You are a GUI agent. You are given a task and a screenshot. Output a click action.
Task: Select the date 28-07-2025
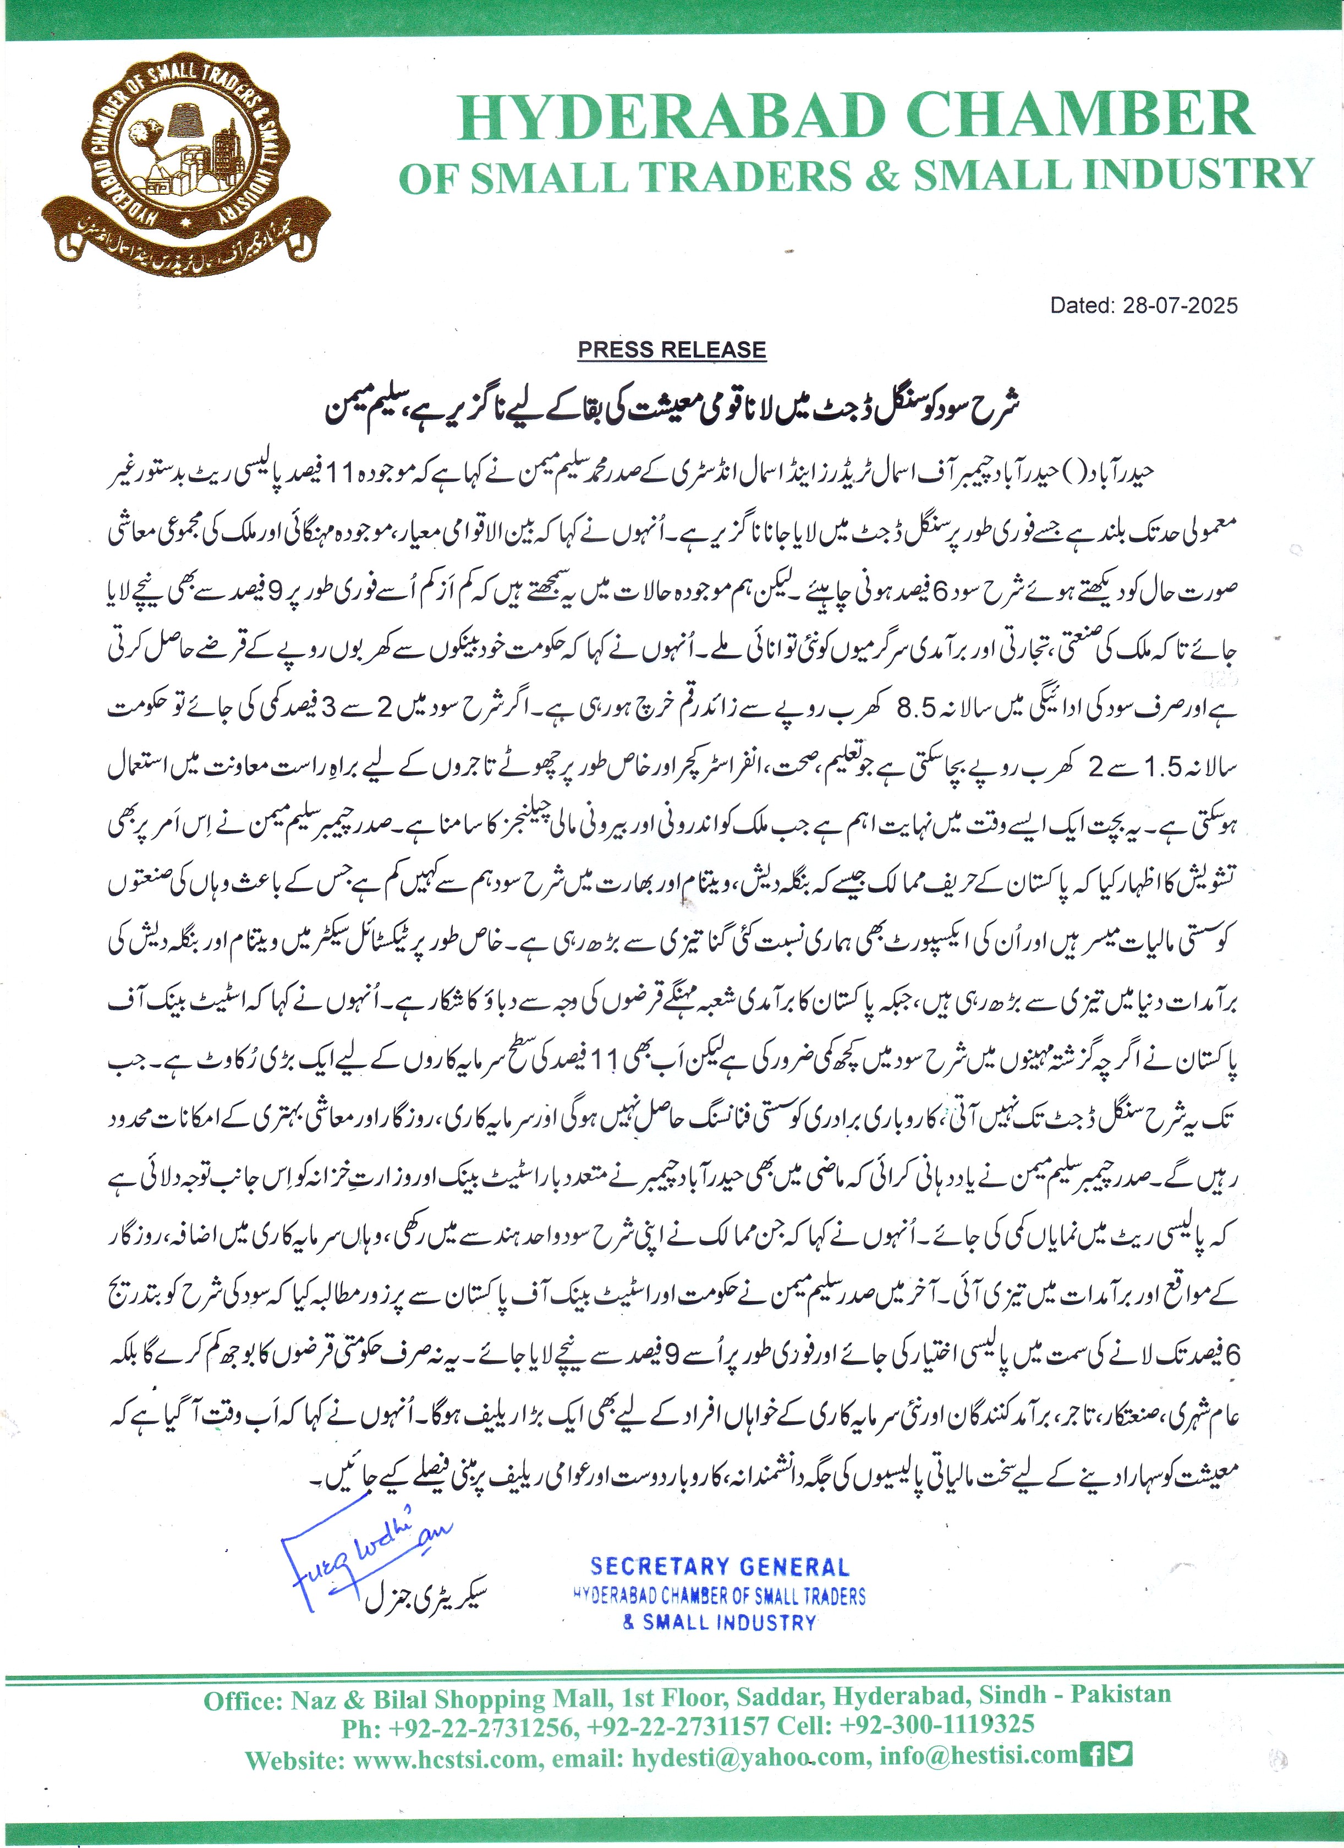tap(1180, 305)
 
